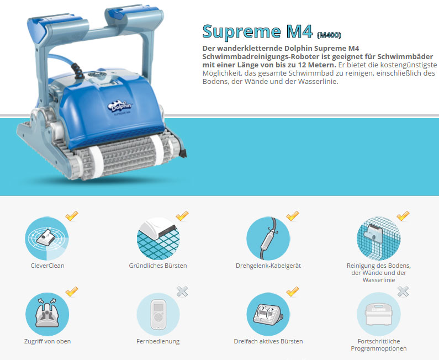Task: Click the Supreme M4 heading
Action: [x=257, y=31]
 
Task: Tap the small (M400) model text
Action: [x=329, y=35]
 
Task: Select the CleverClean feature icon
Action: [x=47, y=239]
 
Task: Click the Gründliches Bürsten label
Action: [x=158, y=266]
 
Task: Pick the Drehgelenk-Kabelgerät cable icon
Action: [x=268, y=239]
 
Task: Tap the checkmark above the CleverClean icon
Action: [x=72, y=216]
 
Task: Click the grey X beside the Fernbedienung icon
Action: [x=182, y=292]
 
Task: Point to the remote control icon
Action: [x=158, y=314]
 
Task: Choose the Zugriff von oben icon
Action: [x=47, y=314]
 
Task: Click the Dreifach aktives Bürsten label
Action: [x=268, y=342]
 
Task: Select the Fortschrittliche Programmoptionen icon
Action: [x=378, y=314]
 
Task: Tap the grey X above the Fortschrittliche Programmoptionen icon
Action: [x=403, y=292]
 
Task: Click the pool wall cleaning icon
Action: [x=378, y=239]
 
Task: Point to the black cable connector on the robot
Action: [x=77, y=70]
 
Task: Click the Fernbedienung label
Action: [x=158, y=342]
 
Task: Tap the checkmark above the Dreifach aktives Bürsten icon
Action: [x=293, y=292]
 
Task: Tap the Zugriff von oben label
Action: [x=47, y=342]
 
